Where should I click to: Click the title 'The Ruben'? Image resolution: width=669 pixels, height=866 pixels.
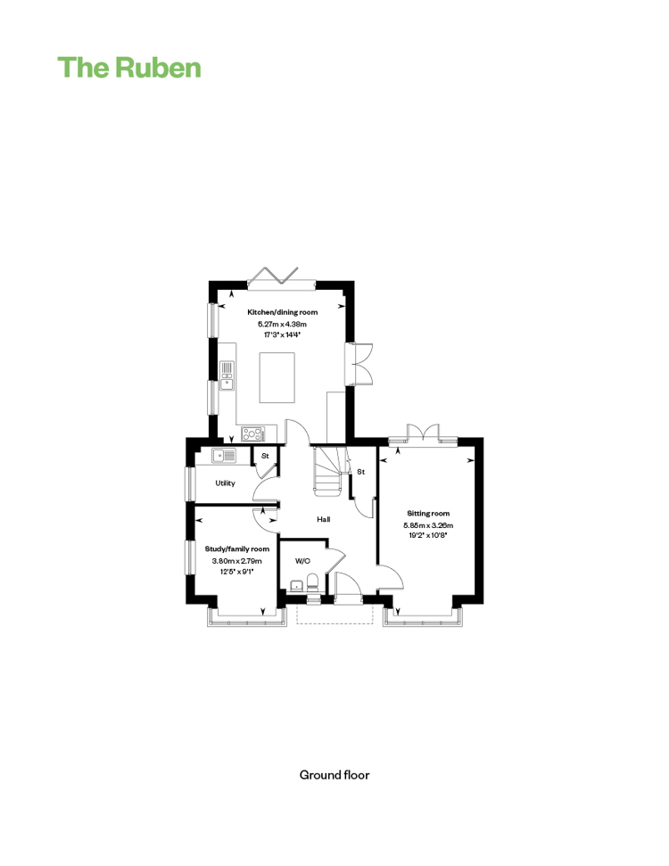(129, 68)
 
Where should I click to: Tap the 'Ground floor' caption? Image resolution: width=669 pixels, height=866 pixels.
(334, 775)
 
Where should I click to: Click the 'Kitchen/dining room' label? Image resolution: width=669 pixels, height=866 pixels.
(282, 312)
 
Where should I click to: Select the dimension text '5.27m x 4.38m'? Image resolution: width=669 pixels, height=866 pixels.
(282, 325)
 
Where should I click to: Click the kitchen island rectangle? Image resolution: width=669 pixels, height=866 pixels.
(277, 378)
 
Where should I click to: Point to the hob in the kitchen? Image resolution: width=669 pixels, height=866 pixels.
(252, 434)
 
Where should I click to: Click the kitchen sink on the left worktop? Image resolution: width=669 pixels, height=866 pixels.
(227, 375)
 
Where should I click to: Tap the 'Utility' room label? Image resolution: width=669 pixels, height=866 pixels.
(226, 483)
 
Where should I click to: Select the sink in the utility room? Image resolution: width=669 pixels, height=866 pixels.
(224, 455)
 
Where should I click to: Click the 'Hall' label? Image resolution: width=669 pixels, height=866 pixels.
(324, 519)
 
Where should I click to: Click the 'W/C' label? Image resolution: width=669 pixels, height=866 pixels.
(302, 561)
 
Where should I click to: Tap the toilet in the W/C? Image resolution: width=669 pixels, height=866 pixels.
(313, 582)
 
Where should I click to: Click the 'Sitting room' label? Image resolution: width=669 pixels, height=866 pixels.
(428, 513)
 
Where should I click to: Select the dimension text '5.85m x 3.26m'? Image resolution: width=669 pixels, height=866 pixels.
(428, 525)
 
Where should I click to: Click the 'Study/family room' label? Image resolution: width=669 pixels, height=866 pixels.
(237, 549)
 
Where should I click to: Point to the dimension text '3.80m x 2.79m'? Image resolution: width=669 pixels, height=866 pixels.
(237, 561)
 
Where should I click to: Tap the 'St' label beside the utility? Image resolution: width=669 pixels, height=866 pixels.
(265, 456)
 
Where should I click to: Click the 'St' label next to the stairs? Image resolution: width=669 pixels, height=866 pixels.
(360, 472)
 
